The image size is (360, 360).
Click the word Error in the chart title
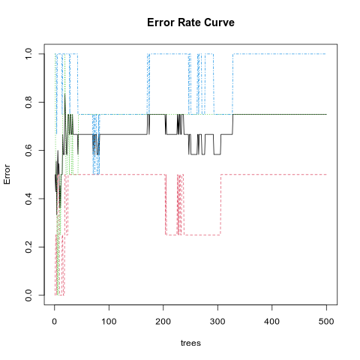[161, 22]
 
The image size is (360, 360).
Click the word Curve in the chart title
[219, 22]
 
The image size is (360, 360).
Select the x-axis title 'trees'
[190, 343]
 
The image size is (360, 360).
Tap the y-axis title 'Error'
[7, 174]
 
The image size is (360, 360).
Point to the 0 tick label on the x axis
[55, 321]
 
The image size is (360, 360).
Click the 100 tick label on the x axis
[109, 321]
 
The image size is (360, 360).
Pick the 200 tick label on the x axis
[163, 321]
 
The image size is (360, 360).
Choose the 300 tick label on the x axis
[217, 321]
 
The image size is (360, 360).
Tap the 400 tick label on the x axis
[271, 321]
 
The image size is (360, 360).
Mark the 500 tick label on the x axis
[326, 321]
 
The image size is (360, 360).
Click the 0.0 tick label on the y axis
[28, 295]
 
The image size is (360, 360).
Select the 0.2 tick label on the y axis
[28, 247]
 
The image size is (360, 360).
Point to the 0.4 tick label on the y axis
[28, 199]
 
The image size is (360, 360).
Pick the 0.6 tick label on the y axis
[28, 151]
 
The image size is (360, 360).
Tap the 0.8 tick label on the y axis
[28, 102]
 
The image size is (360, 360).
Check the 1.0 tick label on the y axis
[28, 54]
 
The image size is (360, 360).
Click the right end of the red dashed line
[326, 175]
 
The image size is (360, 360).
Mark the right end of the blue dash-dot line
[325, 54]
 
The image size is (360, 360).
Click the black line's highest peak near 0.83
[65, 94]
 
